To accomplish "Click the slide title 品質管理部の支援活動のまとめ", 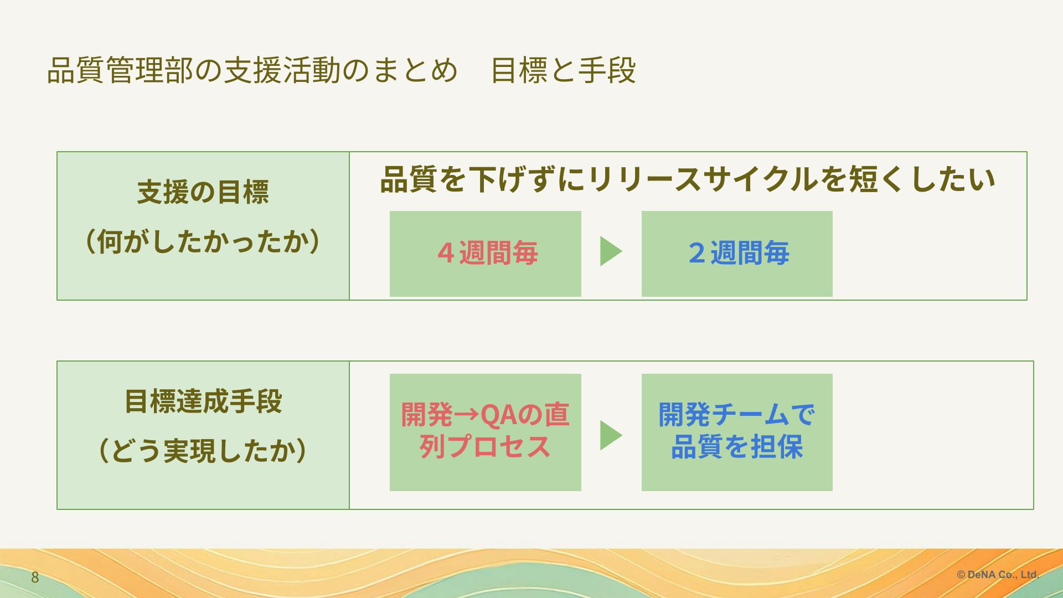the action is point(252,70).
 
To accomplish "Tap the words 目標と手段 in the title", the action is point(564,70).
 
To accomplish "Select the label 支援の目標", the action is point(203,192).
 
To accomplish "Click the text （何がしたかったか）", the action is point(203,241).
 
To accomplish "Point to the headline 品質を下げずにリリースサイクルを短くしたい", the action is point(688,179).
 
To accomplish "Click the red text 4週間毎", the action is point(487,253).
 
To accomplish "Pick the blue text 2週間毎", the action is point(739,253).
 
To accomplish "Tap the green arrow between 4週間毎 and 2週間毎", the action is point(611,251).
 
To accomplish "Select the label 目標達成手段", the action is point(203,401).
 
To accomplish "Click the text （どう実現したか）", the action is point(203,450).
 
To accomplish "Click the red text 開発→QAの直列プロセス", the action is point(485,430).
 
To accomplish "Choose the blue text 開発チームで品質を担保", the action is point(737,430).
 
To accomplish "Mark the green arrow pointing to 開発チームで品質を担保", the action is point(611,435).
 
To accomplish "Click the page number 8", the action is point(35,578).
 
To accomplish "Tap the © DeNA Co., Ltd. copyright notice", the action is point(998,575).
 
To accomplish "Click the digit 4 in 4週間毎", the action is point(446,253).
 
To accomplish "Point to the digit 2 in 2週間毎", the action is point(697,253).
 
